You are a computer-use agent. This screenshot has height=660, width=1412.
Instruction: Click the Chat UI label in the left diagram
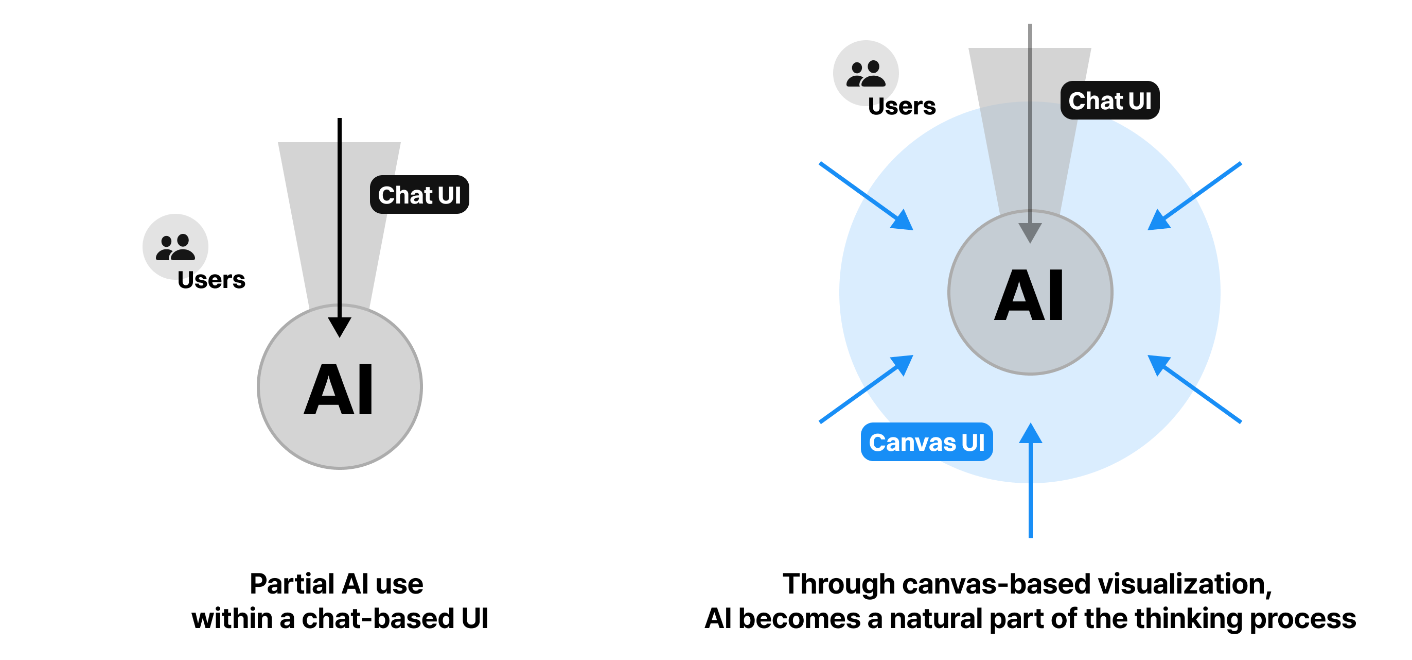click(x=419, y=195)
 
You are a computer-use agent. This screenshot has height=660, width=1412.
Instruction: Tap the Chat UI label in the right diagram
click(x=1109, y=100)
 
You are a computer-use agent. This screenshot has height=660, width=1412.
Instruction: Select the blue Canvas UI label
click(x=926, y=442)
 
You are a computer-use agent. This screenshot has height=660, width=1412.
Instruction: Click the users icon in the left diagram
click(x=175, y=247)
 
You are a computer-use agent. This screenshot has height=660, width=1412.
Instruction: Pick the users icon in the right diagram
click(x=866, y=74)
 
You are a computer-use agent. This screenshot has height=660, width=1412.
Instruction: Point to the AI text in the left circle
click(x=339, y=390)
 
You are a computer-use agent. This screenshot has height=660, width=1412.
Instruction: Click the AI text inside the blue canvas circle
click(x=1029, y=296)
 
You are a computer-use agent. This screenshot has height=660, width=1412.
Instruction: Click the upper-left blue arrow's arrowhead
click(x=903, y=221)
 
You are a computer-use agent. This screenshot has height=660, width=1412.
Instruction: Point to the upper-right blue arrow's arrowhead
click(x=1158, y=221)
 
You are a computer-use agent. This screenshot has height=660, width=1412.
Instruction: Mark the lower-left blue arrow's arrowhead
click(x=903, y=364)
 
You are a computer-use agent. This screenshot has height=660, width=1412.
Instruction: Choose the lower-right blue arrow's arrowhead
click(x=1158, y=364)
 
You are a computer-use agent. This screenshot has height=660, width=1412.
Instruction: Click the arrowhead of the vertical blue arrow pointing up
click(x=1031, y=433)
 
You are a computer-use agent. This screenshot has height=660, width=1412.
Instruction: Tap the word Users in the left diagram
click(x=211, y=280)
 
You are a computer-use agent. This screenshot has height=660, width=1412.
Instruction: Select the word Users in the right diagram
click(x=902, y=107)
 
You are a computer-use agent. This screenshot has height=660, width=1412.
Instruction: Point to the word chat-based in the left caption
click(x=378, y=619)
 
